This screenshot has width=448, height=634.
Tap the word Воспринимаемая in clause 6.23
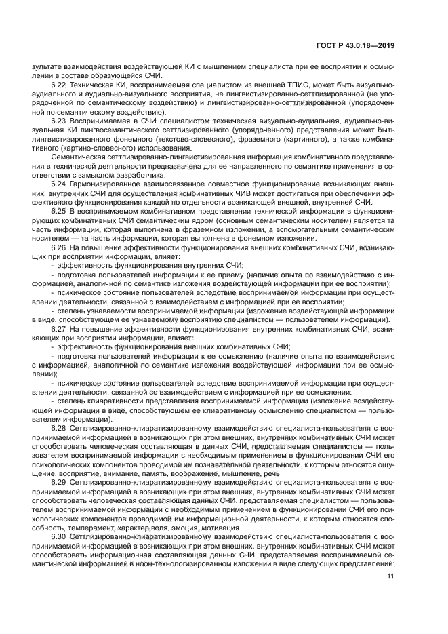[x=99, y=119]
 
